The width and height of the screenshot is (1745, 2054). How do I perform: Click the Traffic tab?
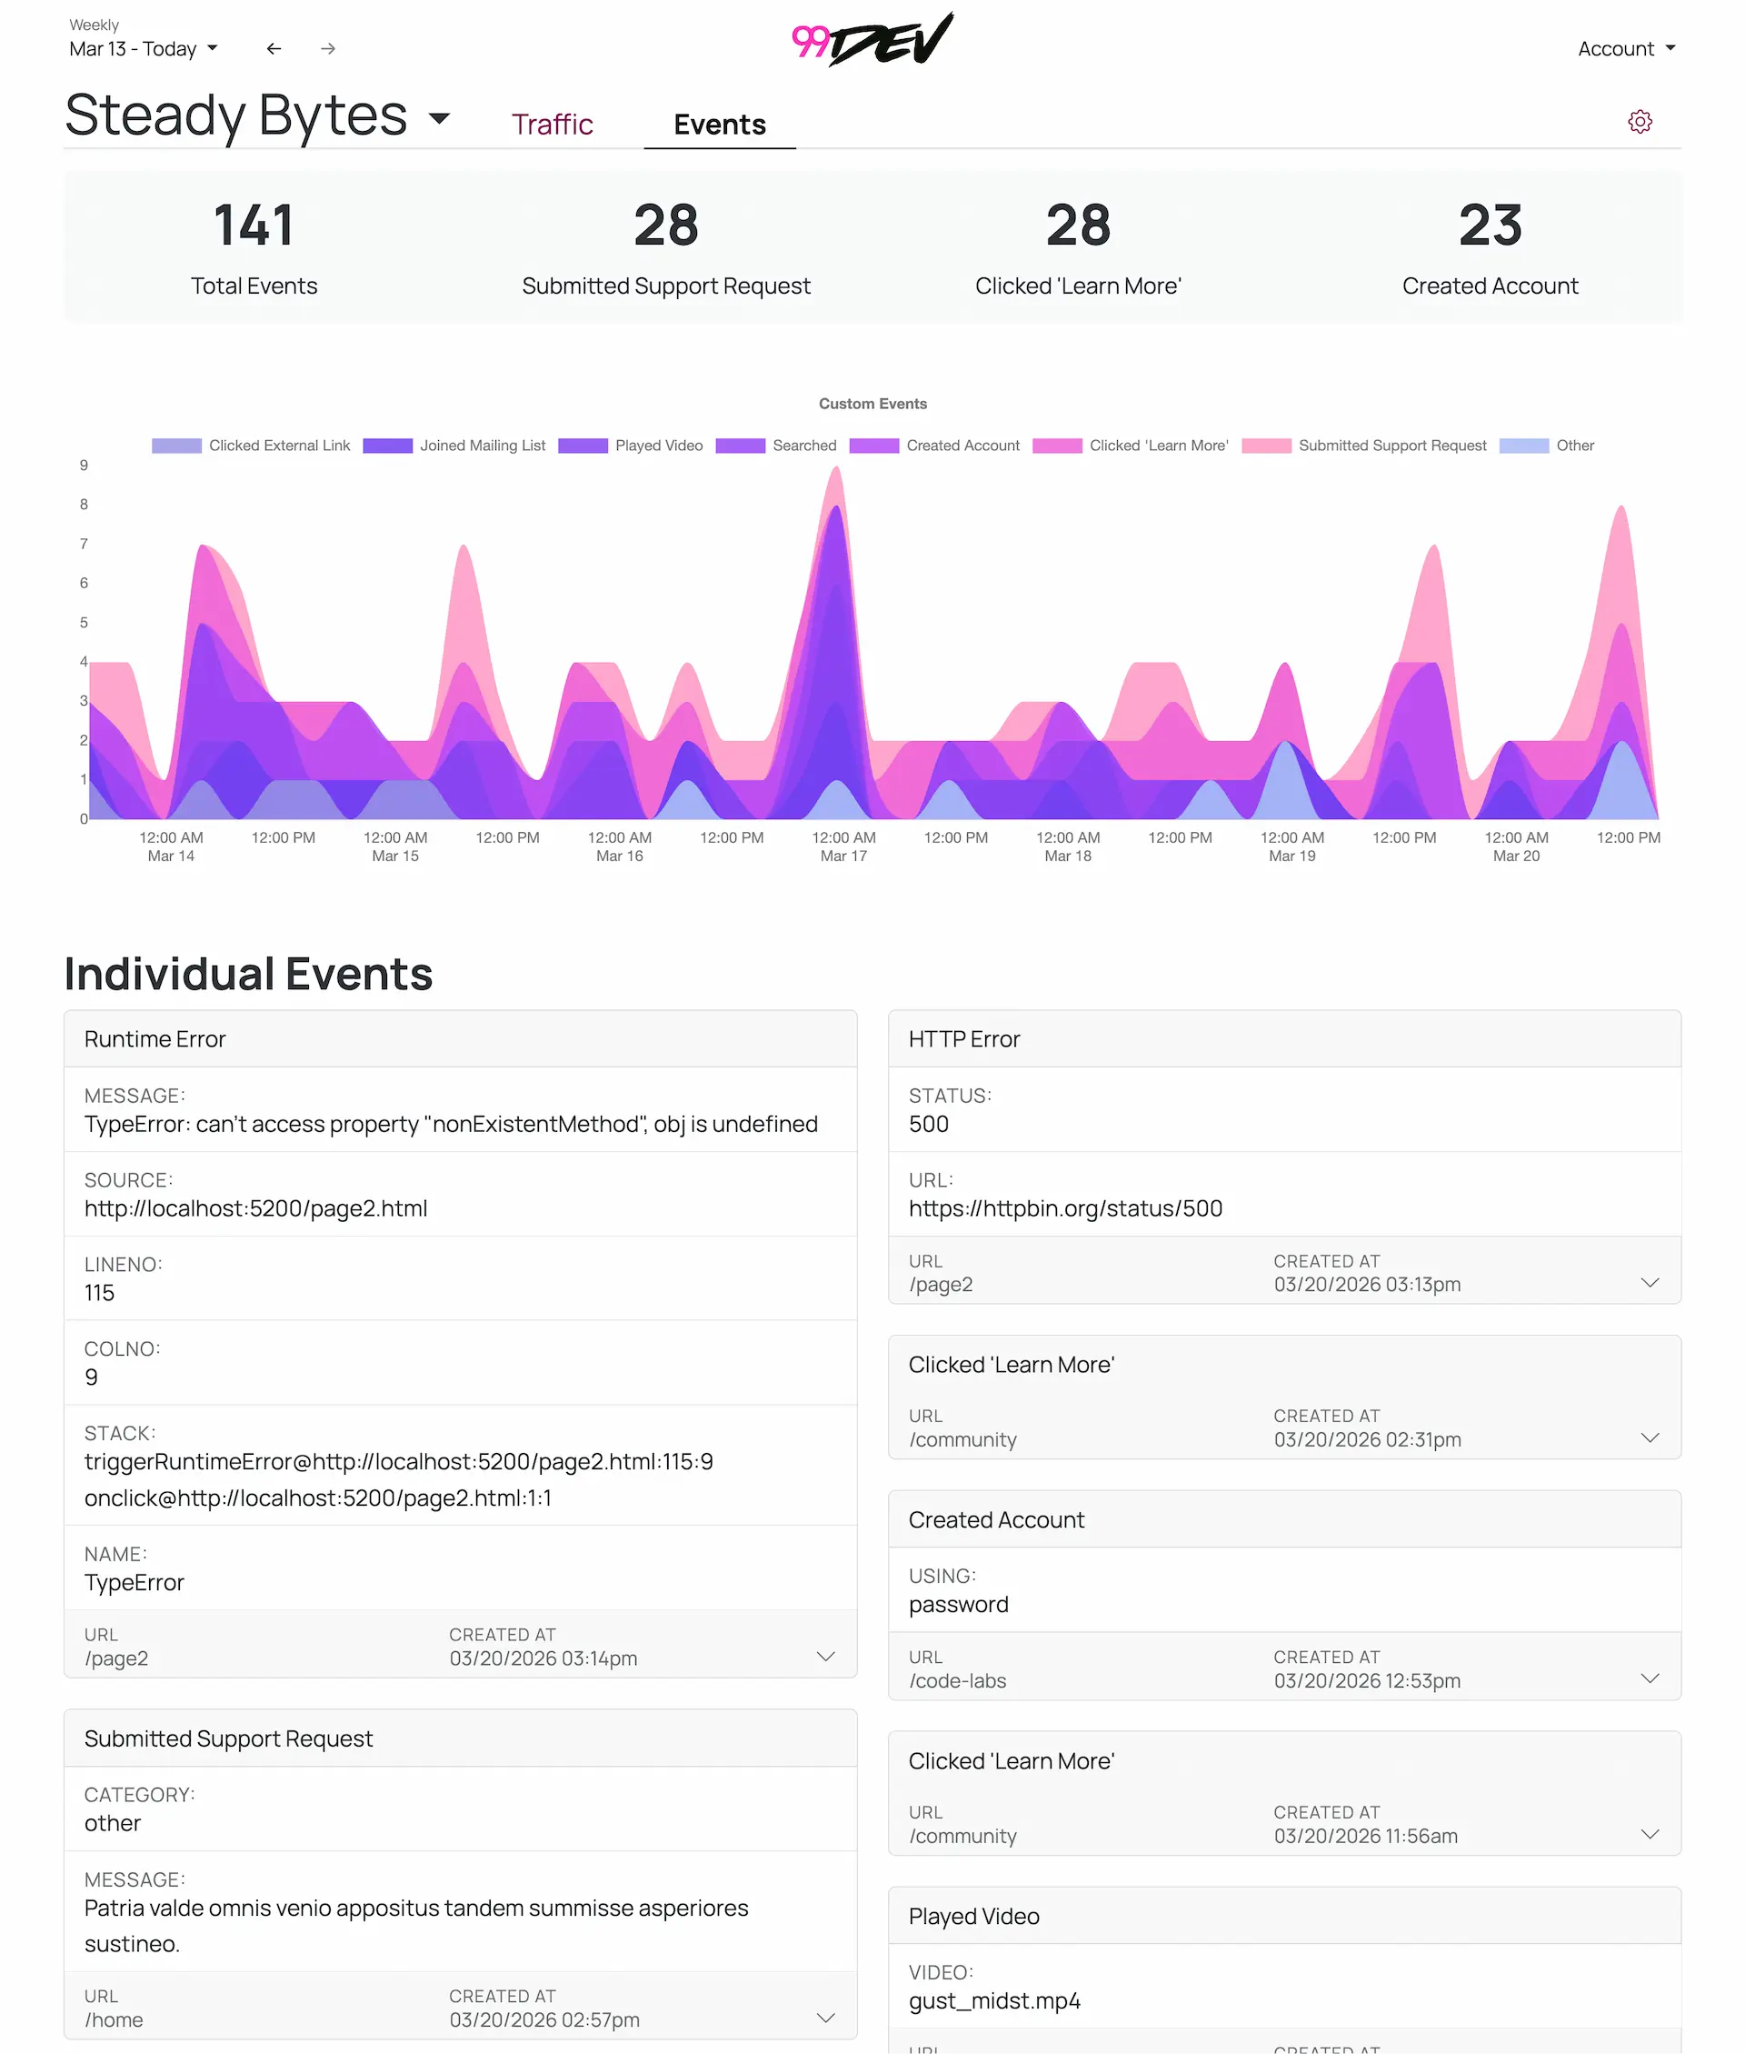click(x=551, y=125)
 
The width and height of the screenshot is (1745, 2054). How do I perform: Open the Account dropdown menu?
click(x=1625, y=48)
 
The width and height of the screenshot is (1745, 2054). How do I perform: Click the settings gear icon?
click(x=1640, y=122)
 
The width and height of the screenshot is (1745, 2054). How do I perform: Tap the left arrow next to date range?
click(x=274, y=48)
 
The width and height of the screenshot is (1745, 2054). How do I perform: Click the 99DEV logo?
click(x=872, y=41)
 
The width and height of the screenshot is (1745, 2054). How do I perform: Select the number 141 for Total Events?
click(x=254, y=225)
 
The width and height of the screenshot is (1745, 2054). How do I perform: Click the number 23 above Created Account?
click(x=1489, y=225)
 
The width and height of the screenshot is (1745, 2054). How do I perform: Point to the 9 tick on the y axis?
click(x=85, y=465)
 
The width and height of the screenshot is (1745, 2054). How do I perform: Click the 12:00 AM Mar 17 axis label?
click(x=843, y=846)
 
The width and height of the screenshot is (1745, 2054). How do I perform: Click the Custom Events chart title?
click(x=872, y=404)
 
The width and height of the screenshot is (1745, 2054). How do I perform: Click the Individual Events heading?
click(x=248, y=974)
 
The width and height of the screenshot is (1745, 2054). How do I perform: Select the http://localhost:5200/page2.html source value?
click(x=255, y=1208)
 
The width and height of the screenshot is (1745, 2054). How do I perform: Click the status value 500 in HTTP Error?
click(x=928, y=1124)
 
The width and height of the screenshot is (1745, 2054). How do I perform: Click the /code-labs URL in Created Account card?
click(x=957, y=1681)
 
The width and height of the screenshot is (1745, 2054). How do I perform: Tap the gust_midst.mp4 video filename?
click(x=993, y=2000)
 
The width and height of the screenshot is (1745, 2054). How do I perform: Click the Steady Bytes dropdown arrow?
click(x=439, y=119)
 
